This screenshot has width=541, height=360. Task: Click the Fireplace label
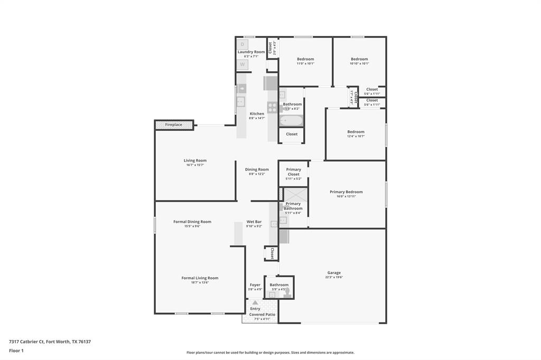click(x=173, y=125)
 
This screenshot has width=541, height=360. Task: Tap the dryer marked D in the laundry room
click(x=242, y=44)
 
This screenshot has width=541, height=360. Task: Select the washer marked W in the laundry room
click(x=242, y=64)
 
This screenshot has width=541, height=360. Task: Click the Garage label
click(x=334, y=273)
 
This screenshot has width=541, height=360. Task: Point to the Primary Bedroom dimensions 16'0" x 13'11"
click(x=346, y=196)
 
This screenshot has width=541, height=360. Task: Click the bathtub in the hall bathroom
click(x=291, y=120)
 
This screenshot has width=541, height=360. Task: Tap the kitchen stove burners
click(x=273, y=107)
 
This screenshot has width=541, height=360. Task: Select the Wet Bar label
click(x=254, y=222)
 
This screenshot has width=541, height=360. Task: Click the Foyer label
click(x=255, y=285)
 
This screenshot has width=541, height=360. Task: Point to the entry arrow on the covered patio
click(x=255, y=303)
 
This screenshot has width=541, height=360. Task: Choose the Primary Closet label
click(x=294, y=172)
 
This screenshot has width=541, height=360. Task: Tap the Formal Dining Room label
click(x=192, y=222)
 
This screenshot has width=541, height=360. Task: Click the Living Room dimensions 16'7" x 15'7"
click(x=195, y=165)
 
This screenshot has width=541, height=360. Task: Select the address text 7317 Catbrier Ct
click(x=26, y=342)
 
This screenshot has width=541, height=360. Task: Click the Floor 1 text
click(x=16, y=350)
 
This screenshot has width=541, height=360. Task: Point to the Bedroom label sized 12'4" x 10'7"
click(x=356, y=132)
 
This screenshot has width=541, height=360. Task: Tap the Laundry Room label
click(x=251, y=52)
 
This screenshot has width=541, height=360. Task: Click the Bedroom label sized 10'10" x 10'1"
click(x=359, y=59)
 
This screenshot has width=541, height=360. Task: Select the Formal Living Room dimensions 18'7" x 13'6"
click(x=200, y=282)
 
